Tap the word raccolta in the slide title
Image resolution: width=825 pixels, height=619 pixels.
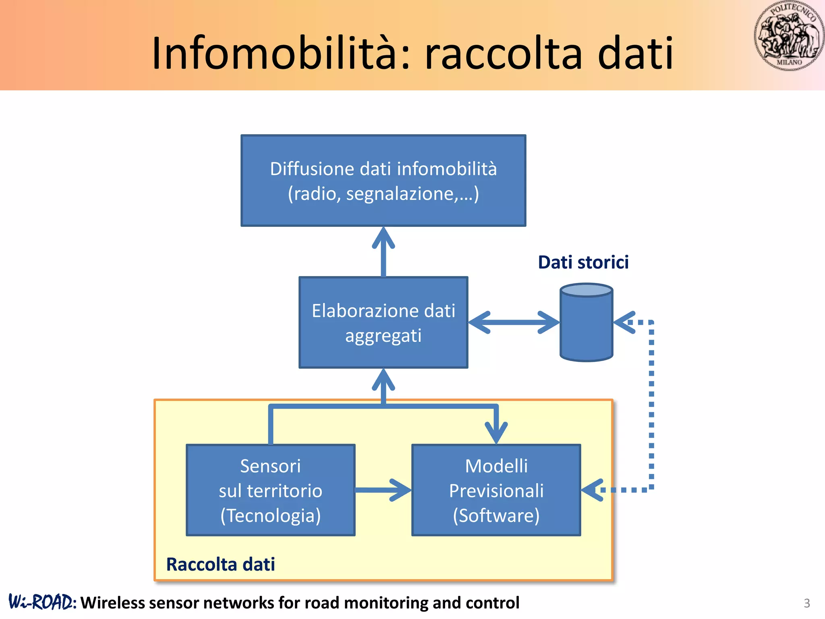504,54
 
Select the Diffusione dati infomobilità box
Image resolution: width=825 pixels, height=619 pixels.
383,181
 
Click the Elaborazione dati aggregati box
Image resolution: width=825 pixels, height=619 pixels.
383,322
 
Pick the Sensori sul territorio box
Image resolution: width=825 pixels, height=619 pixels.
270,490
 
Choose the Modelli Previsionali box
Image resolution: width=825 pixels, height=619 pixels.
496,490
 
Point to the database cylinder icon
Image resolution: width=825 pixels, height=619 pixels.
586,322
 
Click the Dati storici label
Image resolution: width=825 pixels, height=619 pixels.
583,262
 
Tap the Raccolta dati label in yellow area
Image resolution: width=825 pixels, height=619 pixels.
220,564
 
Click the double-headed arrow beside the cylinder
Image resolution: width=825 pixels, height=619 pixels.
514,322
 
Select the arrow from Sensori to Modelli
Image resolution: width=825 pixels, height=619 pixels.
383,490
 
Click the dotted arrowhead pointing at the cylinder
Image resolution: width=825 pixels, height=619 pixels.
624,322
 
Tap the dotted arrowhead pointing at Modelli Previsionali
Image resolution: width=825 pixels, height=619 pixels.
592,490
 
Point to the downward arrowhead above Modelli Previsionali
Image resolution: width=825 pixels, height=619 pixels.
496,433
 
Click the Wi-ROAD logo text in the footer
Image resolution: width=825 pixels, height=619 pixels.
42,602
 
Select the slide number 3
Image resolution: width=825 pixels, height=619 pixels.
806,603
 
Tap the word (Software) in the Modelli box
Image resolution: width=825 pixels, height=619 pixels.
496,515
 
